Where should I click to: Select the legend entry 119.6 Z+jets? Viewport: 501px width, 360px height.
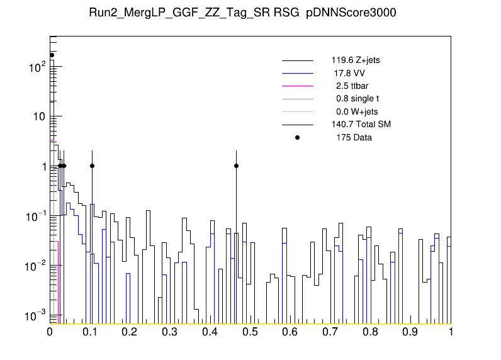point(355,61)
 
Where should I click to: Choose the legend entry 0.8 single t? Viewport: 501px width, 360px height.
point(357,99)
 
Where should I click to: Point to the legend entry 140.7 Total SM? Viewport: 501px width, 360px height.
point(361,125)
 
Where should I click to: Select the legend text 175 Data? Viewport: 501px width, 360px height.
point(354,137)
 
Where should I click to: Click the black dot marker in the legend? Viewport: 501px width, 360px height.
point(298,137)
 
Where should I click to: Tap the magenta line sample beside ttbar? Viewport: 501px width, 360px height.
point(298,86)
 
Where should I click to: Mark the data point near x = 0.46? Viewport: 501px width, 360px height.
point(236,166)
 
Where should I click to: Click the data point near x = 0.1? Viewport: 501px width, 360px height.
point(92,166)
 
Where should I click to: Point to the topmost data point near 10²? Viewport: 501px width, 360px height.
point(52,55)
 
